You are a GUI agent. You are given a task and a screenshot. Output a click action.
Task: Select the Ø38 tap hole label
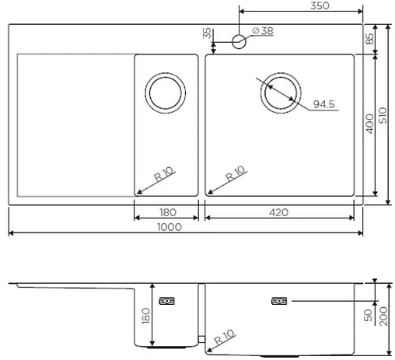pyautogui.click(x=263, y=31)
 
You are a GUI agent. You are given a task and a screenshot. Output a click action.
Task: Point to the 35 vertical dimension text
pyautogui.click(x=207, y=34)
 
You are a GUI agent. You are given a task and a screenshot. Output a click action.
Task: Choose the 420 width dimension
pyautogui.click(x=280, y=212)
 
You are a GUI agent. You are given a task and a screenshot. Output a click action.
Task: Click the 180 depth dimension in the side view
pyautogui.click(x=145, y=316)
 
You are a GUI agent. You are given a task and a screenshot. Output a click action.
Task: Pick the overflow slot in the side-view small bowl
pyautogui.click(x=166, y=300)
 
